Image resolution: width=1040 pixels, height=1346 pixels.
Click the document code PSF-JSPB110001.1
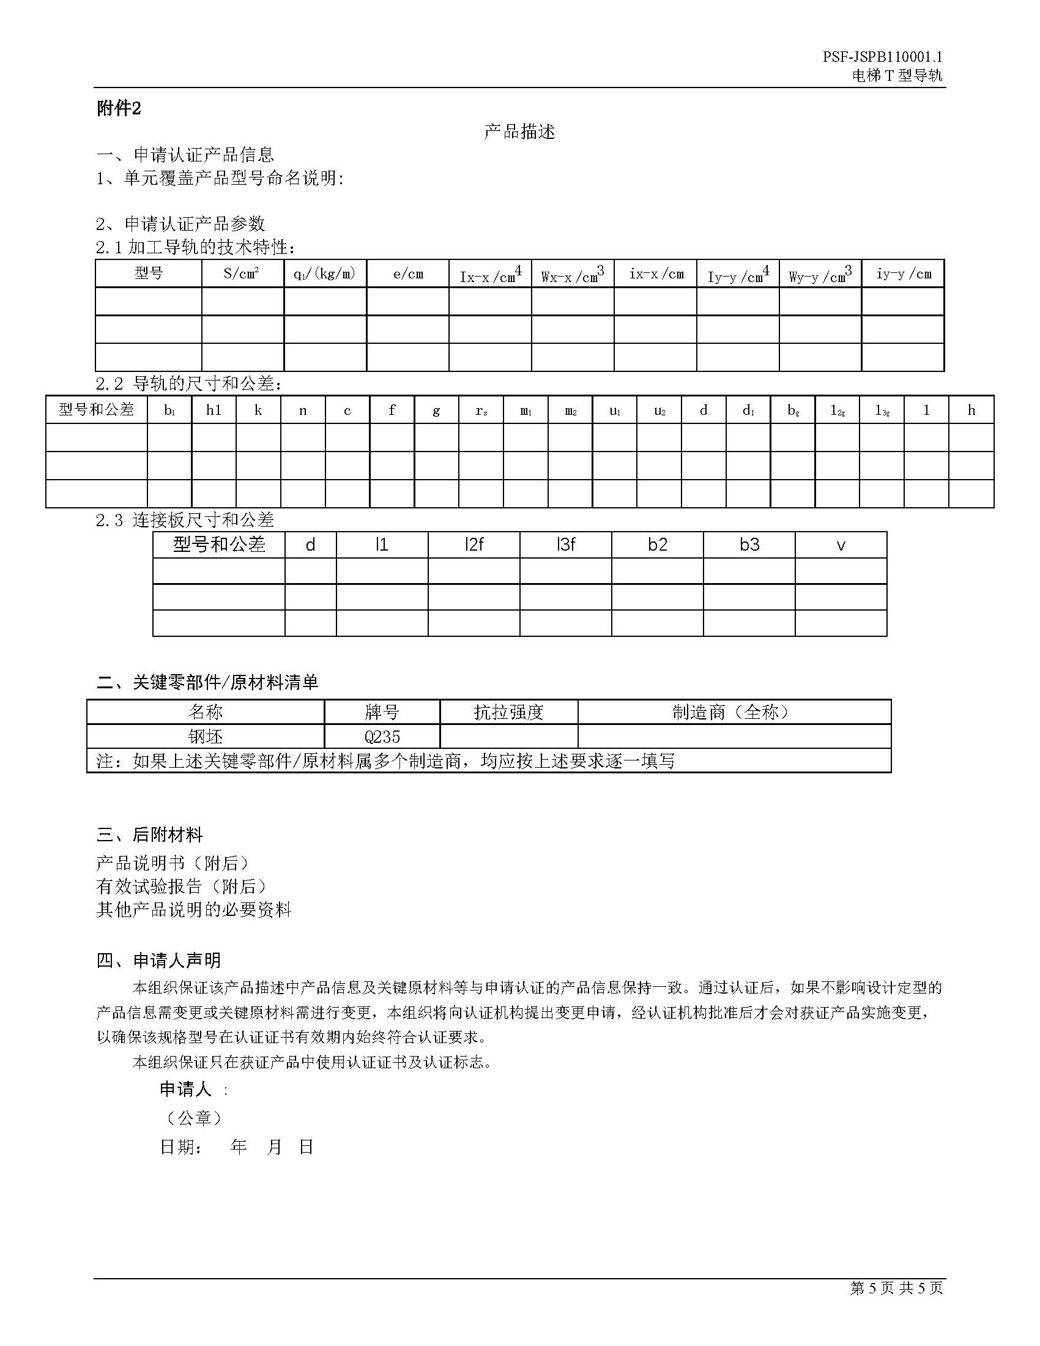click(x=882, y=58)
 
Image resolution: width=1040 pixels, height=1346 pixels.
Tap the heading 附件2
click(x=119, y=109)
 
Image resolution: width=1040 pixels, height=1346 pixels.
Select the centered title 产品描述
click(x=519, y=132)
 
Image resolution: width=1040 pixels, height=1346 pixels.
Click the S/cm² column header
click(x=242, y=273)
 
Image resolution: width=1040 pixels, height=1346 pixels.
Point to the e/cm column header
click(x=408, y=273)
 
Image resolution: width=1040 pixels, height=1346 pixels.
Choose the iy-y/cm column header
click(x=903, y=273)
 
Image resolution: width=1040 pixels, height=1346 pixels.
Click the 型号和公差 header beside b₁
click(x=96, y=410)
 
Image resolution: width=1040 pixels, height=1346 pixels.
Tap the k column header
click(x=258, y=410)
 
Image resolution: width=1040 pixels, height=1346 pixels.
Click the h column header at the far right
click(x=971, y=410)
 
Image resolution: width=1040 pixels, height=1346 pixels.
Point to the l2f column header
click(x=474, y=545)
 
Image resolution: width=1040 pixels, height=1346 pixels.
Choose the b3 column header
click(x=749, y=545)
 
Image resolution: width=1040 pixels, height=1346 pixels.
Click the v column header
click(x=841, y=545)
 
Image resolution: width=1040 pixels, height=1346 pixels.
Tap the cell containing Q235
click(x=382, y=737)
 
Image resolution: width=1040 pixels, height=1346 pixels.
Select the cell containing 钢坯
click(x=205, y=737)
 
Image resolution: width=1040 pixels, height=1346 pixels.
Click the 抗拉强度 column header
click(x=509, y=712)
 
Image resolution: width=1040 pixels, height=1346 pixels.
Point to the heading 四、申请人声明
click(x=159, y=960)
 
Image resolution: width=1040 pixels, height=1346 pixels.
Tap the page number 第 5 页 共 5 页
click(x=896, y=1288)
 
